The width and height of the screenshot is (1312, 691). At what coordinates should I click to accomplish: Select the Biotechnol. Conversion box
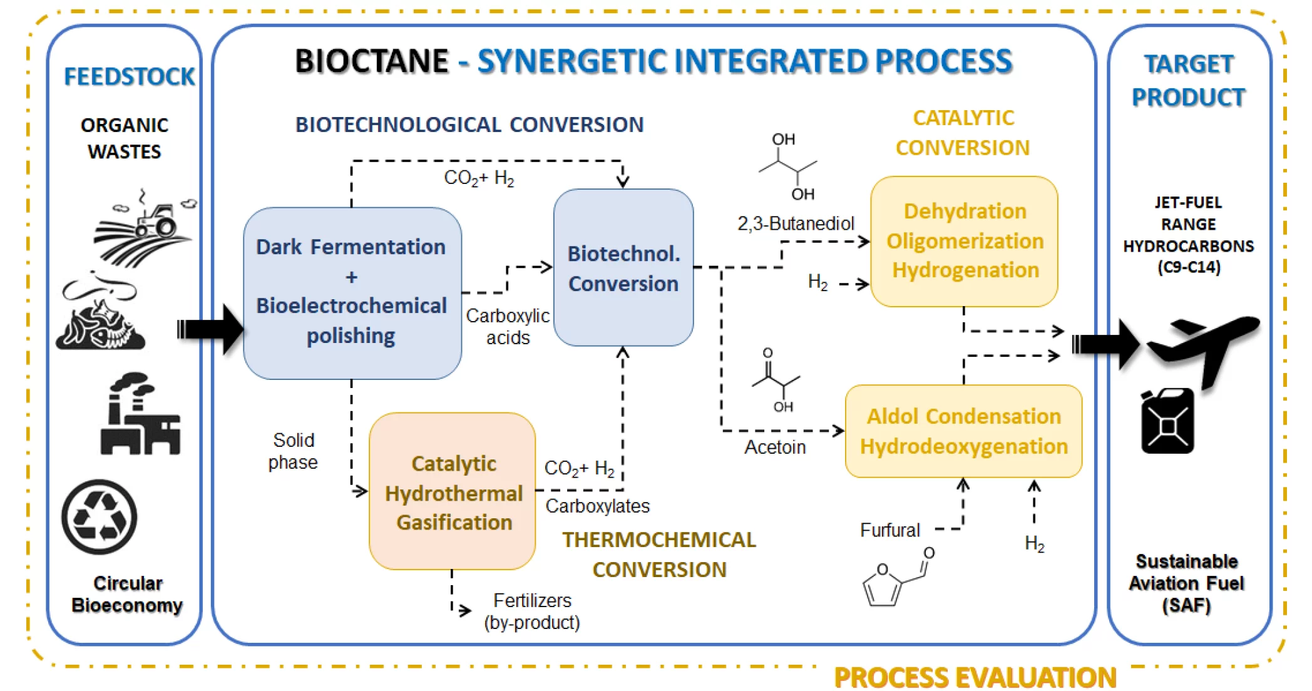tap(623, 268)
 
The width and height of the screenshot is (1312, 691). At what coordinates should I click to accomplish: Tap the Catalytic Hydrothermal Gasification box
tap(453, 491)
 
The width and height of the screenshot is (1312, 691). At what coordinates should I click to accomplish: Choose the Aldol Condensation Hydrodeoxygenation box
tap(963, 431)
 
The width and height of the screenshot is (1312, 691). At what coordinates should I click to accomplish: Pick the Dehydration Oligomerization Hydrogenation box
tap(964, 241)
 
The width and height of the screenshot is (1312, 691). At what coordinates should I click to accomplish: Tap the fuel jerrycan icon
tap(1167, 421)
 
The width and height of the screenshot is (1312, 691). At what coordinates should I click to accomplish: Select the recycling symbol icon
tap(100, 517)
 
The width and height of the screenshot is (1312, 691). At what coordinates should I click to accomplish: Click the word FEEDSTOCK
tap(129, 77)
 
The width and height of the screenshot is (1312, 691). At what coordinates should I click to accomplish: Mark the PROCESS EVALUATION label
tap(975, 678)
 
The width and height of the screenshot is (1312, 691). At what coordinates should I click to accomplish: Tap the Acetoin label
tap(774, 447)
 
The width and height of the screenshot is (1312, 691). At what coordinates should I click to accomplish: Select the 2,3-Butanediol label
tap(795, 223)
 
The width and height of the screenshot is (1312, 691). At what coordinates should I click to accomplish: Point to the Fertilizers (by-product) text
tap(532, 612)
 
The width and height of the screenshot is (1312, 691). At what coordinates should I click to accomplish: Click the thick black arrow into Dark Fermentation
tap(210, 329)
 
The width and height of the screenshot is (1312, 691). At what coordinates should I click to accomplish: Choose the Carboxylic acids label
tap(508, 326)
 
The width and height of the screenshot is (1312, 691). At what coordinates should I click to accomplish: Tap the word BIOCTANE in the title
tap(371, 61)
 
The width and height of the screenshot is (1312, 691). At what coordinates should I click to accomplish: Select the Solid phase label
tap(293, 451)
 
